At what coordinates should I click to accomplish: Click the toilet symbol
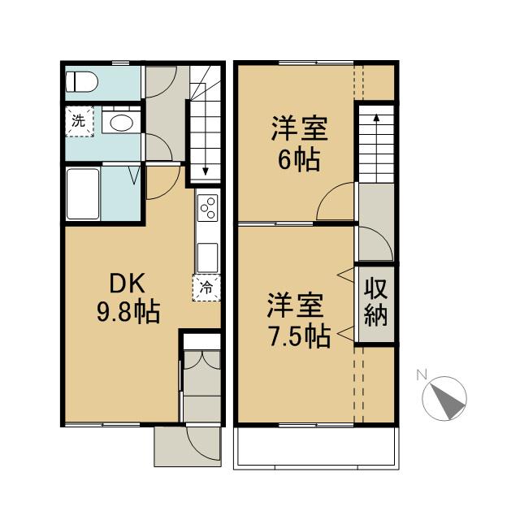tap(81, 81)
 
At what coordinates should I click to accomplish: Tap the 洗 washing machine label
tap(79, 122)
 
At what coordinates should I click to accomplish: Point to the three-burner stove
tap(206, 209)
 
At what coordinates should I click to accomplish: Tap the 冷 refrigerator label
tap(206, 287)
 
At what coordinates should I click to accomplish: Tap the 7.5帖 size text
tap(298, 336)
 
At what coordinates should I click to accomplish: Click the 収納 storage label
tap(375, 302)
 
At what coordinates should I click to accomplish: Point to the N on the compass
tap(421, 375)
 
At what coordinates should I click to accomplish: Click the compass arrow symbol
tap(446, 398)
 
